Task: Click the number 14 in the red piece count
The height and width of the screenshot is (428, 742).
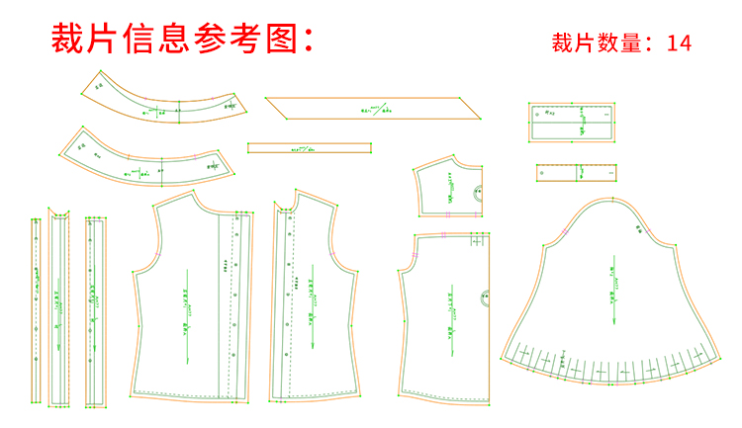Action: (679, 43)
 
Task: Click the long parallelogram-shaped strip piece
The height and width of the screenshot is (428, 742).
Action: (372, 108)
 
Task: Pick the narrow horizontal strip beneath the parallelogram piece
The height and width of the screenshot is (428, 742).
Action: (309, 148)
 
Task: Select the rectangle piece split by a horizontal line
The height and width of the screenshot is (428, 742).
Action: (573, 123)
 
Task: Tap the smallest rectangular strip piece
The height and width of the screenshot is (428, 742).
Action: (578, 173)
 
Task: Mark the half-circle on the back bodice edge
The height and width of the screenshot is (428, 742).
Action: (486, 297)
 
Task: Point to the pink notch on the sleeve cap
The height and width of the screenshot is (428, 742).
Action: (563, 230)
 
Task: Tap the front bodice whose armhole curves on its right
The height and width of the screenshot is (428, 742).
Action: (312, 306)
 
